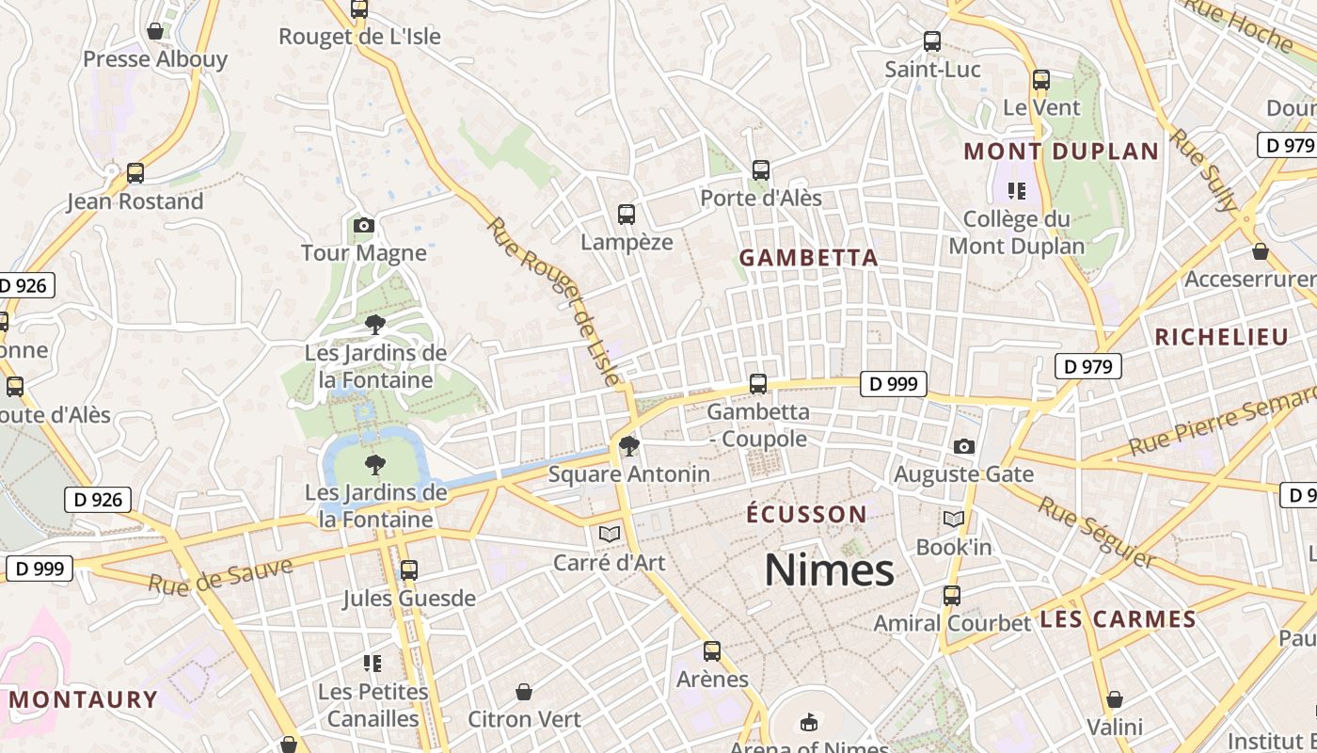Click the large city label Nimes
(829, 570)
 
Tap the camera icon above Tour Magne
(364, 226)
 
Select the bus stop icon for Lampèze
(627, 215)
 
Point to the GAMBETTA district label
(808, 258)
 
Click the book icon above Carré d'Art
(610, 535)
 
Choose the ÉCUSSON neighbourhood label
(806, 515)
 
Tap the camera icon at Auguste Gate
(963, 447)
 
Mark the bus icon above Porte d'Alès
(761, 170)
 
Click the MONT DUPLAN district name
(1061, 152)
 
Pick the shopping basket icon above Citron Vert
(525, 693)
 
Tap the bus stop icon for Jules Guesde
(408, 570)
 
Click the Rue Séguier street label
(1096, 532)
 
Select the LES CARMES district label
(1118, 619)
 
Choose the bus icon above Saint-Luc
(932, 41)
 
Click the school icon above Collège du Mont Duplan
(1016, 191)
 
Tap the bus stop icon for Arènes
(712, 651)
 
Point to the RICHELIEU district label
(1221, 338)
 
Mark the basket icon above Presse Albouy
(155, 31)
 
